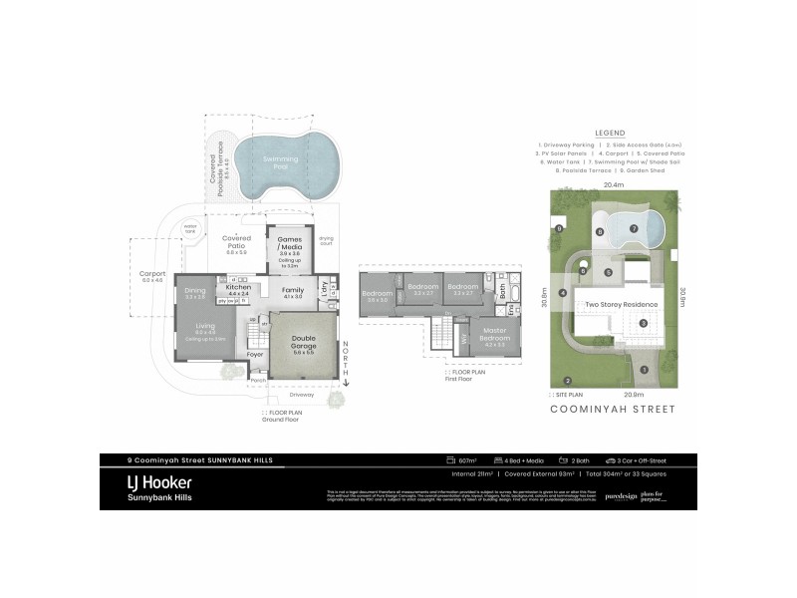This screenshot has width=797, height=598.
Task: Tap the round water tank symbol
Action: coord(191,228)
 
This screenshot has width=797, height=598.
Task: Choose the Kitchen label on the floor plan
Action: coord(239,287)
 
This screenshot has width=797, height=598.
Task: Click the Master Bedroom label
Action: coord(495,333)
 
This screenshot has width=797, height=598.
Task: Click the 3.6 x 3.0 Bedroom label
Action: coord(377,294)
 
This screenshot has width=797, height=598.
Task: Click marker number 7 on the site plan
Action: coord(634,227)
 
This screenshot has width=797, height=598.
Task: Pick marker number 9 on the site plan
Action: coord(560,229)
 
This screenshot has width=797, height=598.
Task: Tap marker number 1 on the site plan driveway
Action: coord(644,370)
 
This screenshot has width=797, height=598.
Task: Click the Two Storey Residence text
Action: coord(621,305)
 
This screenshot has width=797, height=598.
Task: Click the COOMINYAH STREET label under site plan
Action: coord(614,410)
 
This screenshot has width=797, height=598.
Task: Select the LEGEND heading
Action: coord(609,132)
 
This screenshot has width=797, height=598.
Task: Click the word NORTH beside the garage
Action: coord(345,355)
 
